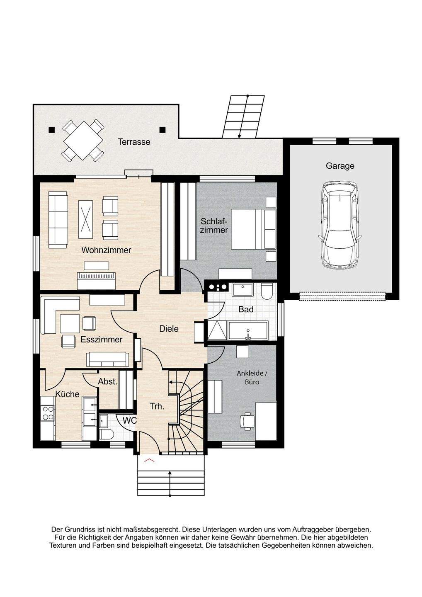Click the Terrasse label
134,142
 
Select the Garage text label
340,166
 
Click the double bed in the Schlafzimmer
253,229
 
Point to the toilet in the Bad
267,291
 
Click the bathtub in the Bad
248,330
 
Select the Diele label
169,329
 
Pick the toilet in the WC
107,434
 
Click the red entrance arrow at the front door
149,460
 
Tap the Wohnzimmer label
106,250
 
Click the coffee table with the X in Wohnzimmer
85,219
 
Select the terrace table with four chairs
83,141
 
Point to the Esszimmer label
102,340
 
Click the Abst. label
108,381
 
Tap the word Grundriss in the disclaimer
81,529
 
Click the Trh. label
157,406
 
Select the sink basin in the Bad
243,290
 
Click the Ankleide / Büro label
252,378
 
